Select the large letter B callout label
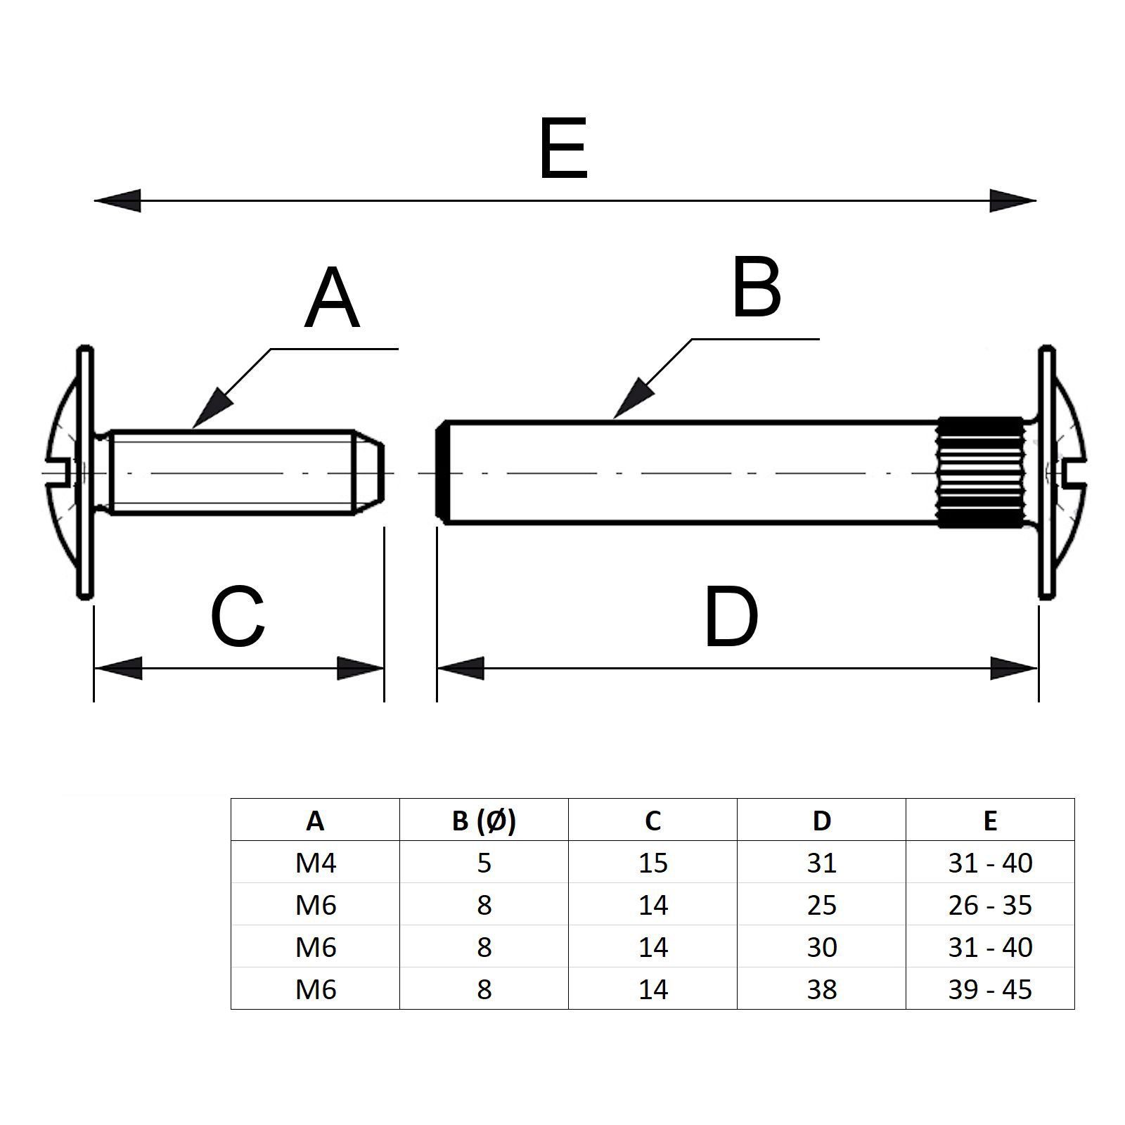pos(757,288)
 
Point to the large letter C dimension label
pos(238,618)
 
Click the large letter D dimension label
pos(731,618)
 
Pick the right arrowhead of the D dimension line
pos(1015,668)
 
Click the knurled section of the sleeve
pos(980,472)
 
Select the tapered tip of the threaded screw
pos(368,472)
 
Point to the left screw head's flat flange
pos(85,472)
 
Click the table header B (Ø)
pos(484,820)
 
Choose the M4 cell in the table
pos(316,863)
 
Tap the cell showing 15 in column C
pos(652,863)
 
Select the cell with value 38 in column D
pos(821,989)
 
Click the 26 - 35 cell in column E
pos(990,905)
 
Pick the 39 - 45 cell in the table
pos(990,989)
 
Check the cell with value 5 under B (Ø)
pos(484,863)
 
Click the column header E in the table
pos(990,820)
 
